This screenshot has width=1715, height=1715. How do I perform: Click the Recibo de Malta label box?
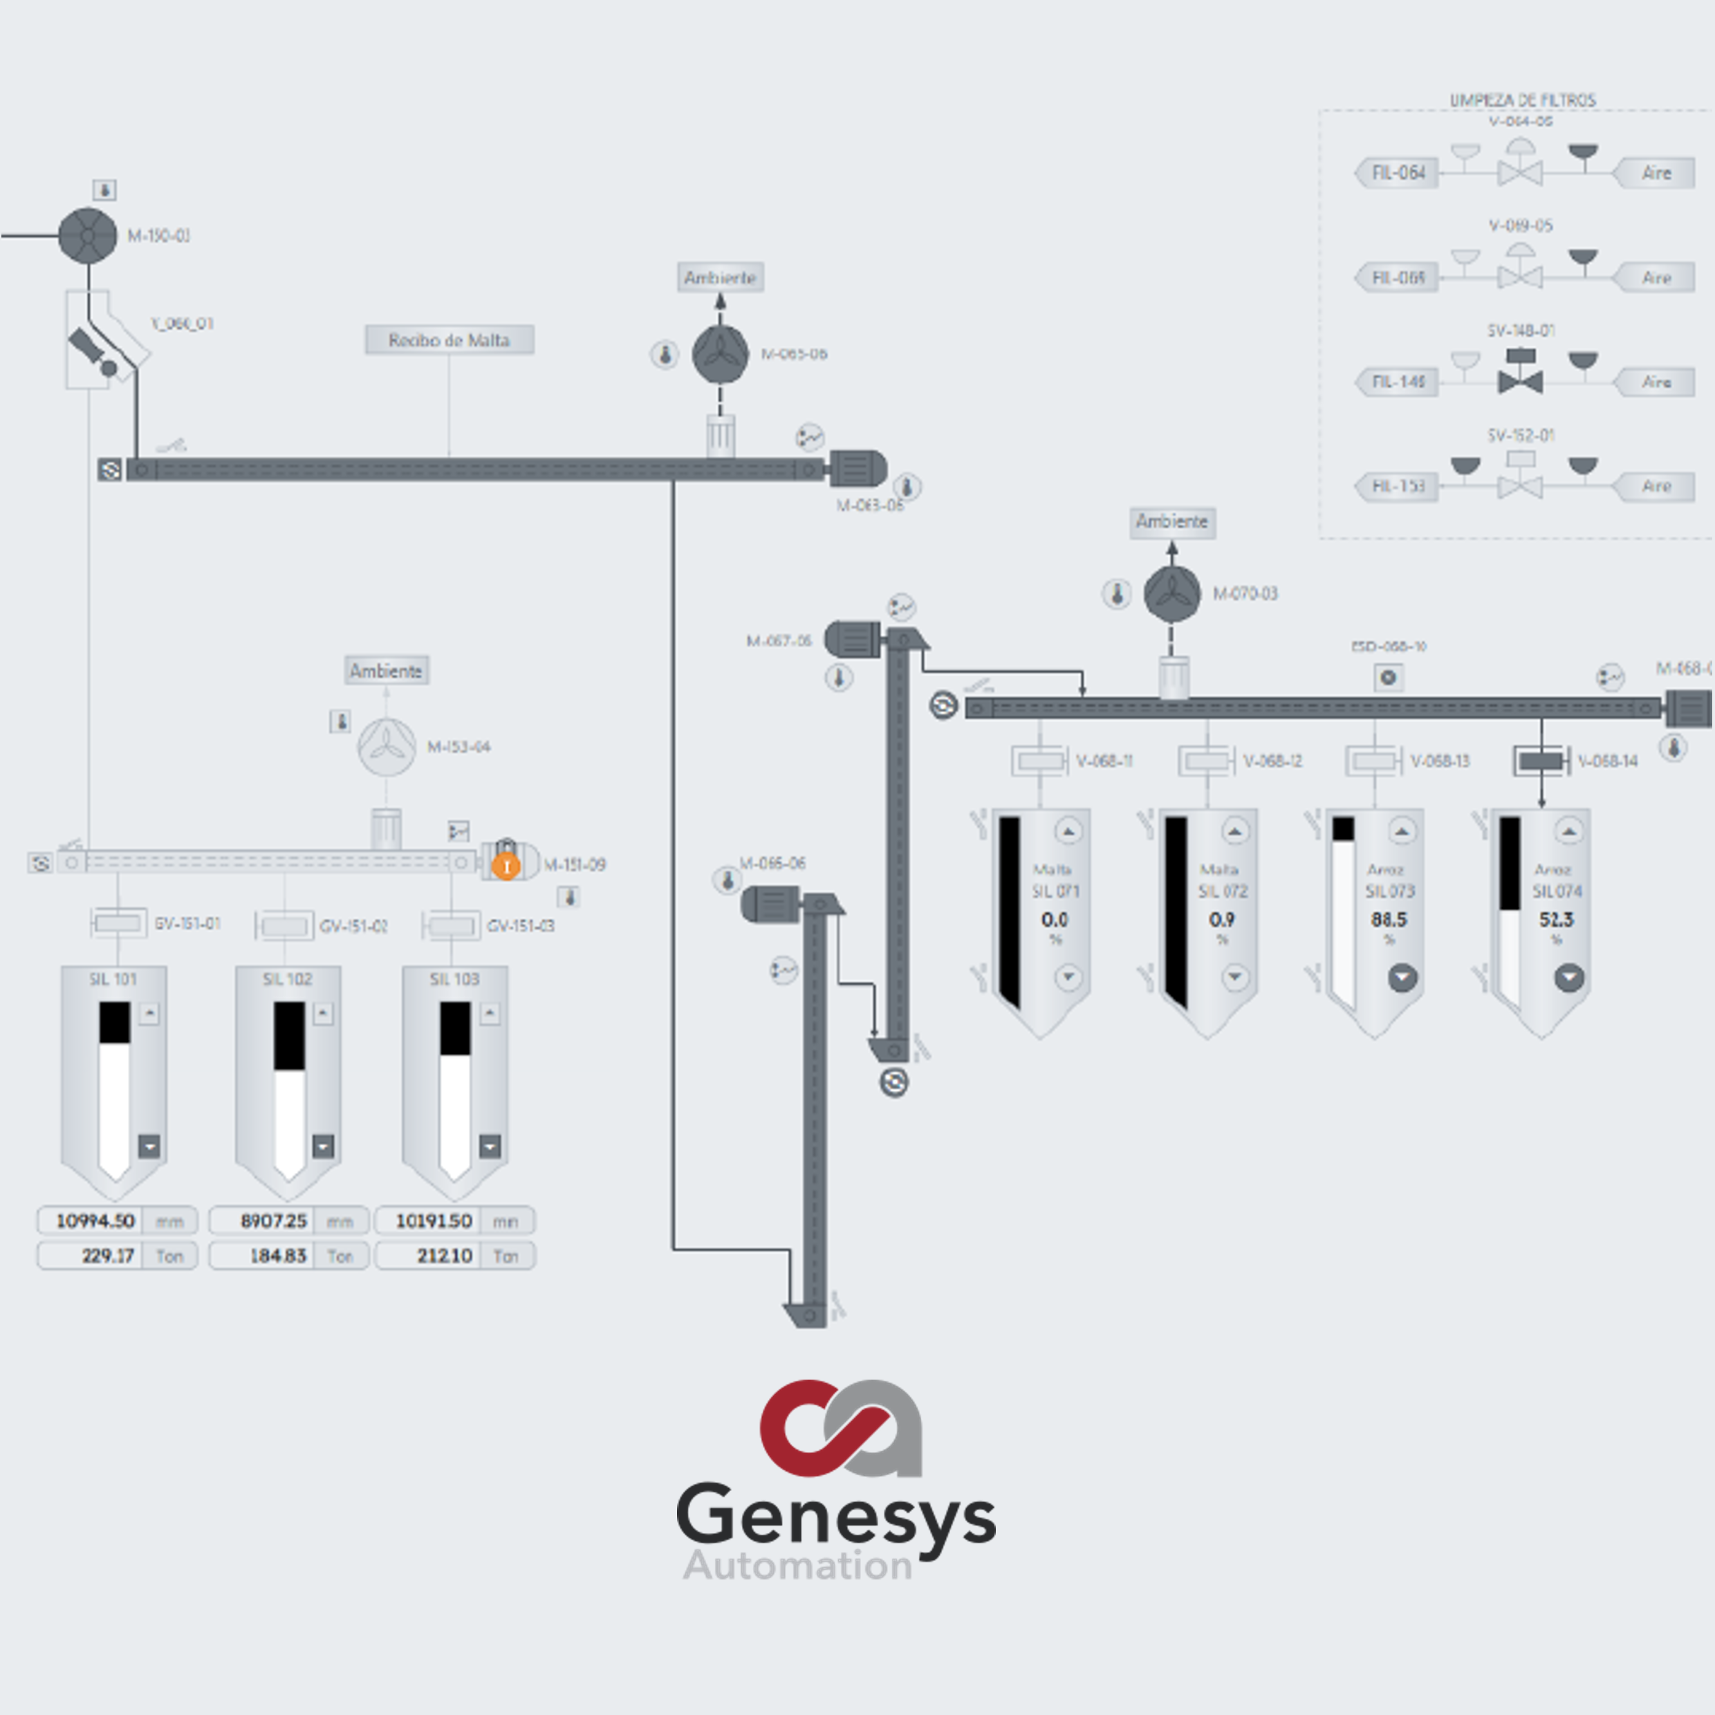pos(449,340)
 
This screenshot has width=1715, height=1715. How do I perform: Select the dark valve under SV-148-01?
pos(1520,382)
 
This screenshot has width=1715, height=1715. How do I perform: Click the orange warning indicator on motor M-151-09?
pos(506,866)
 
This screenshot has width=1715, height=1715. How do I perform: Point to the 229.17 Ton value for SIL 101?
pos(107,1256)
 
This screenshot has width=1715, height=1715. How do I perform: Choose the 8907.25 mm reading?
pos(273,1221)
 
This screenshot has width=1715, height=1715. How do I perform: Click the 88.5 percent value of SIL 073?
pos(1389,920)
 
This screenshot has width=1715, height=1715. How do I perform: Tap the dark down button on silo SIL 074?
pos(1569,977)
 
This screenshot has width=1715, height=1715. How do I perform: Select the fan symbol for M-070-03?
pos(1171,594)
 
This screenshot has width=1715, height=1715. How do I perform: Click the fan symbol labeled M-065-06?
pos(720,354)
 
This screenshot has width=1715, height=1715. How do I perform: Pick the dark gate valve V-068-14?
pos(1541,761)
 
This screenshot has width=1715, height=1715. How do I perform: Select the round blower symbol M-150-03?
pos(88,235)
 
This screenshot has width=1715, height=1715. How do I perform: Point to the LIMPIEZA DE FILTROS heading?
pos(1522,100)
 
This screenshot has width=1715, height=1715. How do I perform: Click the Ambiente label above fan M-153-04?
pos(386,671)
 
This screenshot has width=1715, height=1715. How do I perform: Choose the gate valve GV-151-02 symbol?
pos(284,926)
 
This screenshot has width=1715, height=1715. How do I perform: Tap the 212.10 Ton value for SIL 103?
pos(444,1256)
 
